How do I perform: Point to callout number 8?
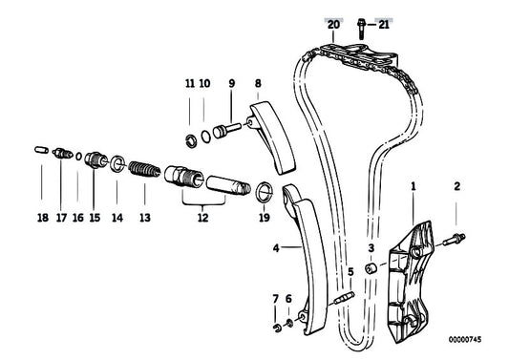258,84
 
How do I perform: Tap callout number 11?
189,84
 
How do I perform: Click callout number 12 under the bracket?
201,218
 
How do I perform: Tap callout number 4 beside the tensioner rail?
275,247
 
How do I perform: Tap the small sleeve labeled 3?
373,265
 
